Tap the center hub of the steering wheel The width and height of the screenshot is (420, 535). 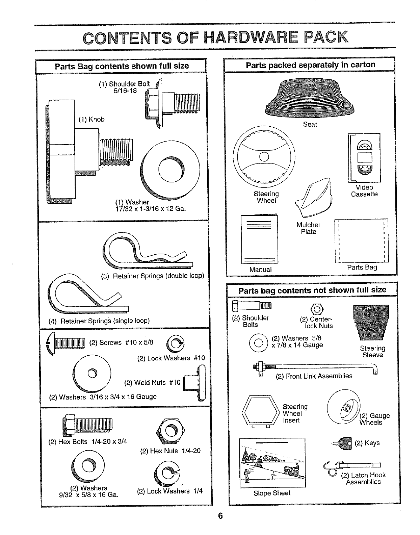pyautogui.click(x=264, y=157)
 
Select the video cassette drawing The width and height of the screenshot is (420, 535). pyautogui.click(x=364, y=157)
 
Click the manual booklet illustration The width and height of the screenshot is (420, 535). pyautogui.click(x=259, y=239)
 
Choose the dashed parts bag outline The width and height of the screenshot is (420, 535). pyautogui.click(x=361, y=240)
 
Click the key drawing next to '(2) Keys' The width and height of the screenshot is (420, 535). pyautogui.click(x=345, y=442)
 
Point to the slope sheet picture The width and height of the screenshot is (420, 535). pyautogui.click(x=272, y=463)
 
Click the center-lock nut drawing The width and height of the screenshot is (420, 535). pyautogui.click(x=317, y=309)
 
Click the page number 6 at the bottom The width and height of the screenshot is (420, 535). pyautogui.click(x=220, y=516)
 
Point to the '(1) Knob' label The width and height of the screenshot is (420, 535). pyautogui.click(x=91, y=119)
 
